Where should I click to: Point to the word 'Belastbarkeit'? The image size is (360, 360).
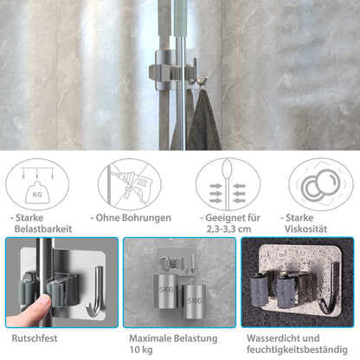43,229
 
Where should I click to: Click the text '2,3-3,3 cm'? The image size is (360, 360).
228,229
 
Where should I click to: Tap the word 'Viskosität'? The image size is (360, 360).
305,229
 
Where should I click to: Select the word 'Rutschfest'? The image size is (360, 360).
35,338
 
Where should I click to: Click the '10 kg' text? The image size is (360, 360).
141,350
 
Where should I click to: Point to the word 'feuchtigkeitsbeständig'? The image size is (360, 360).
297,350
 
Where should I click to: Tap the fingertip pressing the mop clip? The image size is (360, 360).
45,302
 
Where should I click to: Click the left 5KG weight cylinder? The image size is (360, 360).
166,291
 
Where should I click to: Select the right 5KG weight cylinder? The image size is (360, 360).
192,301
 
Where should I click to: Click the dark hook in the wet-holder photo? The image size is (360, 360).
331,291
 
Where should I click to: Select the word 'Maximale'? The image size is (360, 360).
146,338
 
